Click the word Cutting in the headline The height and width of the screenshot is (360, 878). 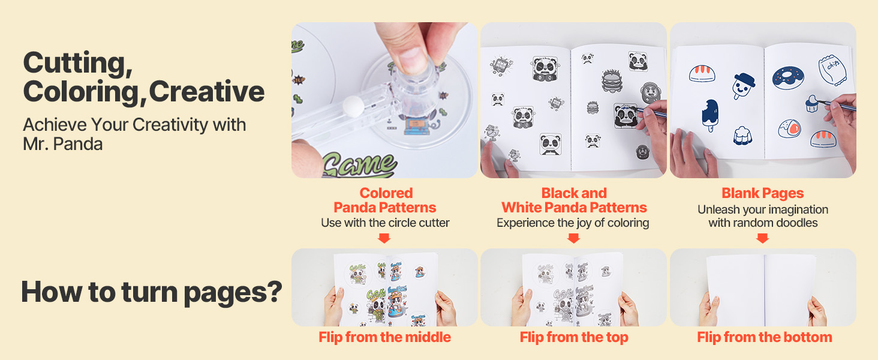coord(77,63)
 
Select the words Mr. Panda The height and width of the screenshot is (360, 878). coord(63,144)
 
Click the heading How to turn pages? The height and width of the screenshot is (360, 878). coord(152,292)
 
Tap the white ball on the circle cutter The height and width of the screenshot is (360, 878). coord(353,106)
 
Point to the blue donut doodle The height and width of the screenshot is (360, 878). coord(788,77)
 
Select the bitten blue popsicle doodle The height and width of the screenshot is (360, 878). coord(710,115)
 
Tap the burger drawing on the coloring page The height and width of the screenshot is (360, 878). coord(612,81)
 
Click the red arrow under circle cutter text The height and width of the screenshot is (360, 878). coord(384,238)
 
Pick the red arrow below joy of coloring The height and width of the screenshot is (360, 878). coord(573,238)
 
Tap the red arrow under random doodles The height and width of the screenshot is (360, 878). coord(762,238)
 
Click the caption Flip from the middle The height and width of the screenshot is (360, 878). coord(384,337)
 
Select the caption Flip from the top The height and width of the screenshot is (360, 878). coord(574,337)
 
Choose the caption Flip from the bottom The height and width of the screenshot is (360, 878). coord(764,337)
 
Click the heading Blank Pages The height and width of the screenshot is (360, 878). coord(763,193)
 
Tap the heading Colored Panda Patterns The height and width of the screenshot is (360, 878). coord(385,200)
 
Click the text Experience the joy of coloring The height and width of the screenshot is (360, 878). coord(573,223)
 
